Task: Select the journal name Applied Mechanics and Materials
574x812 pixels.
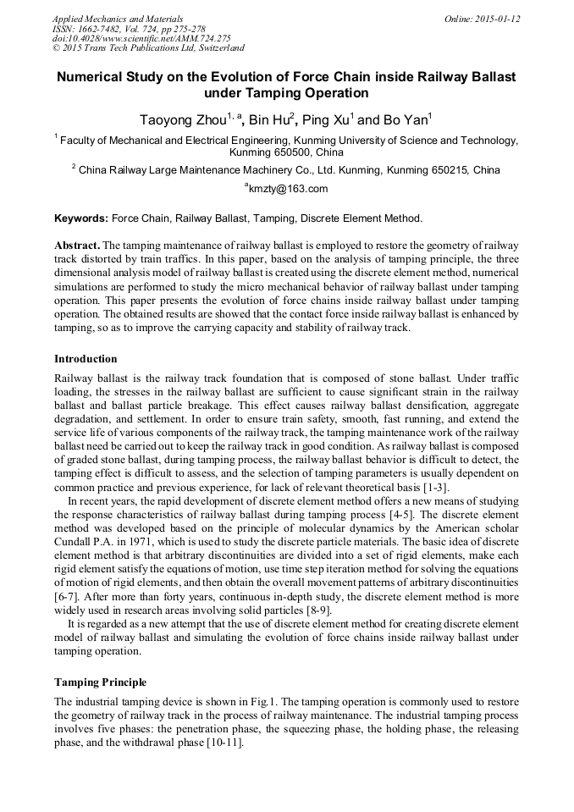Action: [118, 19]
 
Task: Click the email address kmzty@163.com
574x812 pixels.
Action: [288, 189]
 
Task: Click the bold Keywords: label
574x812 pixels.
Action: [81, 218]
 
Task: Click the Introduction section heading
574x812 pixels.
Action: [86, 359]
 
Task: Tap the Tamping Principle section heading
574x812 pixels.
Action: [100, 682]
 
